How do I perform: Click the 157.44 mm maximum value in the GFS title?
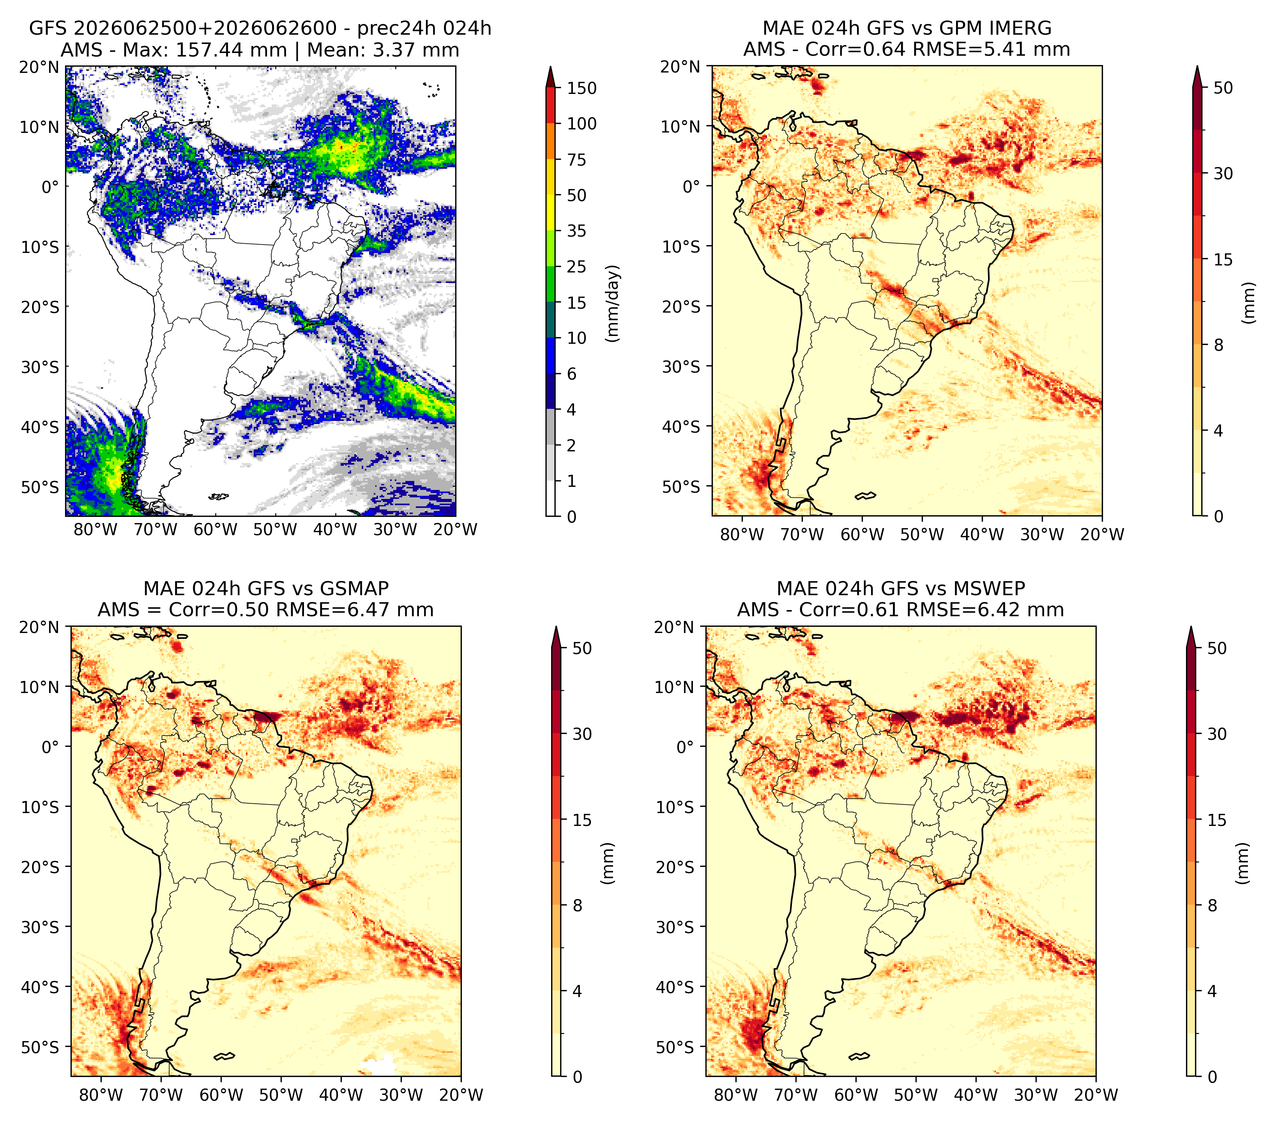231,50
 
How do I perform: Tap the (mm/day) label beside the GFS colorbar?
614,303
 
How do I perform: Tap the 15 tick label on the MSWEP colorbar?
1217,820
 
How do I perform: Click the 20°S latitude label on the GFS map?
40,307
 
